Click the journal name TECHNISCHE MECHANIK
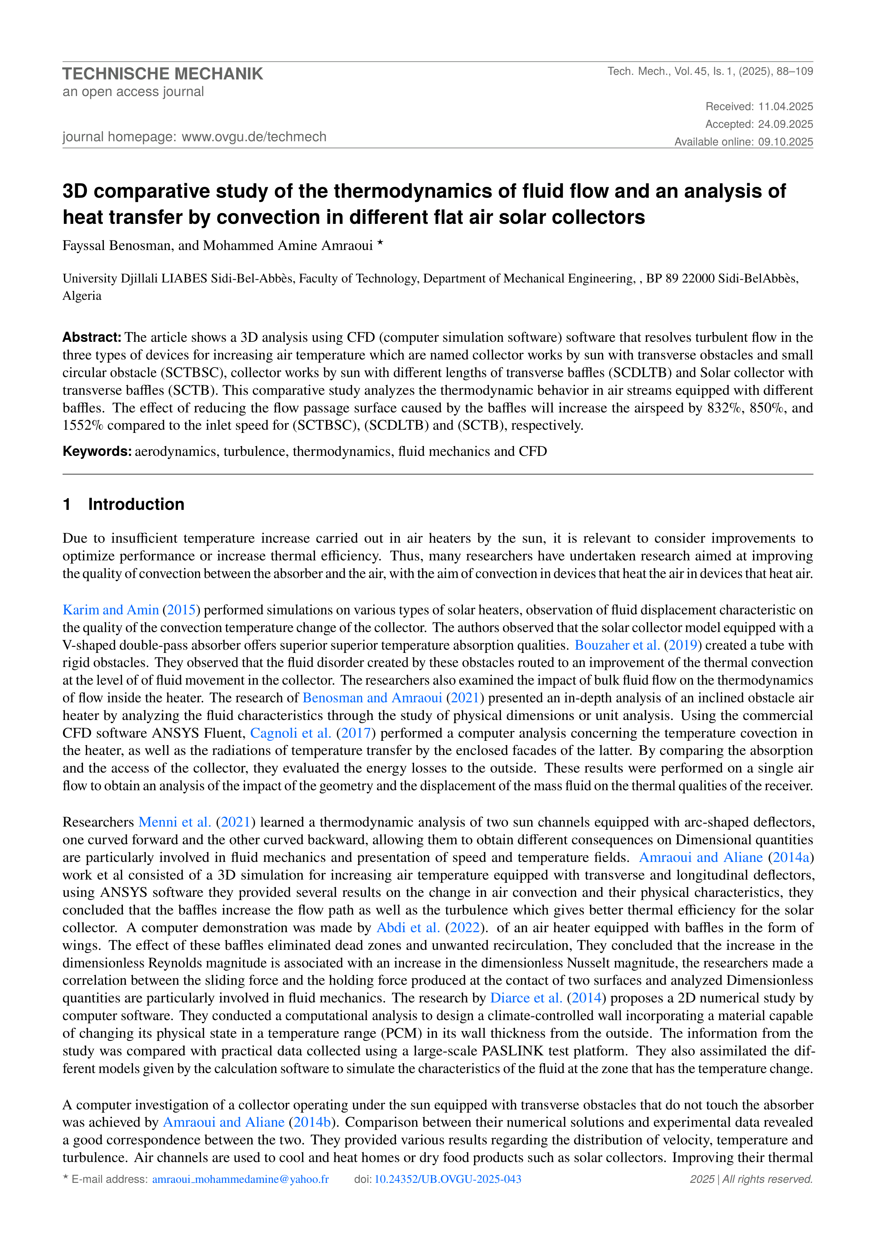162,74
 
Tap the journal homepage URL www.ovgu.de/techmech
254,137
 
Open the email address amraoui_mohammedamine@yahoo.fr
240,1179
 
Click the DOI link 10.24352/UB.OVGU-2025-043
448,1179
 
